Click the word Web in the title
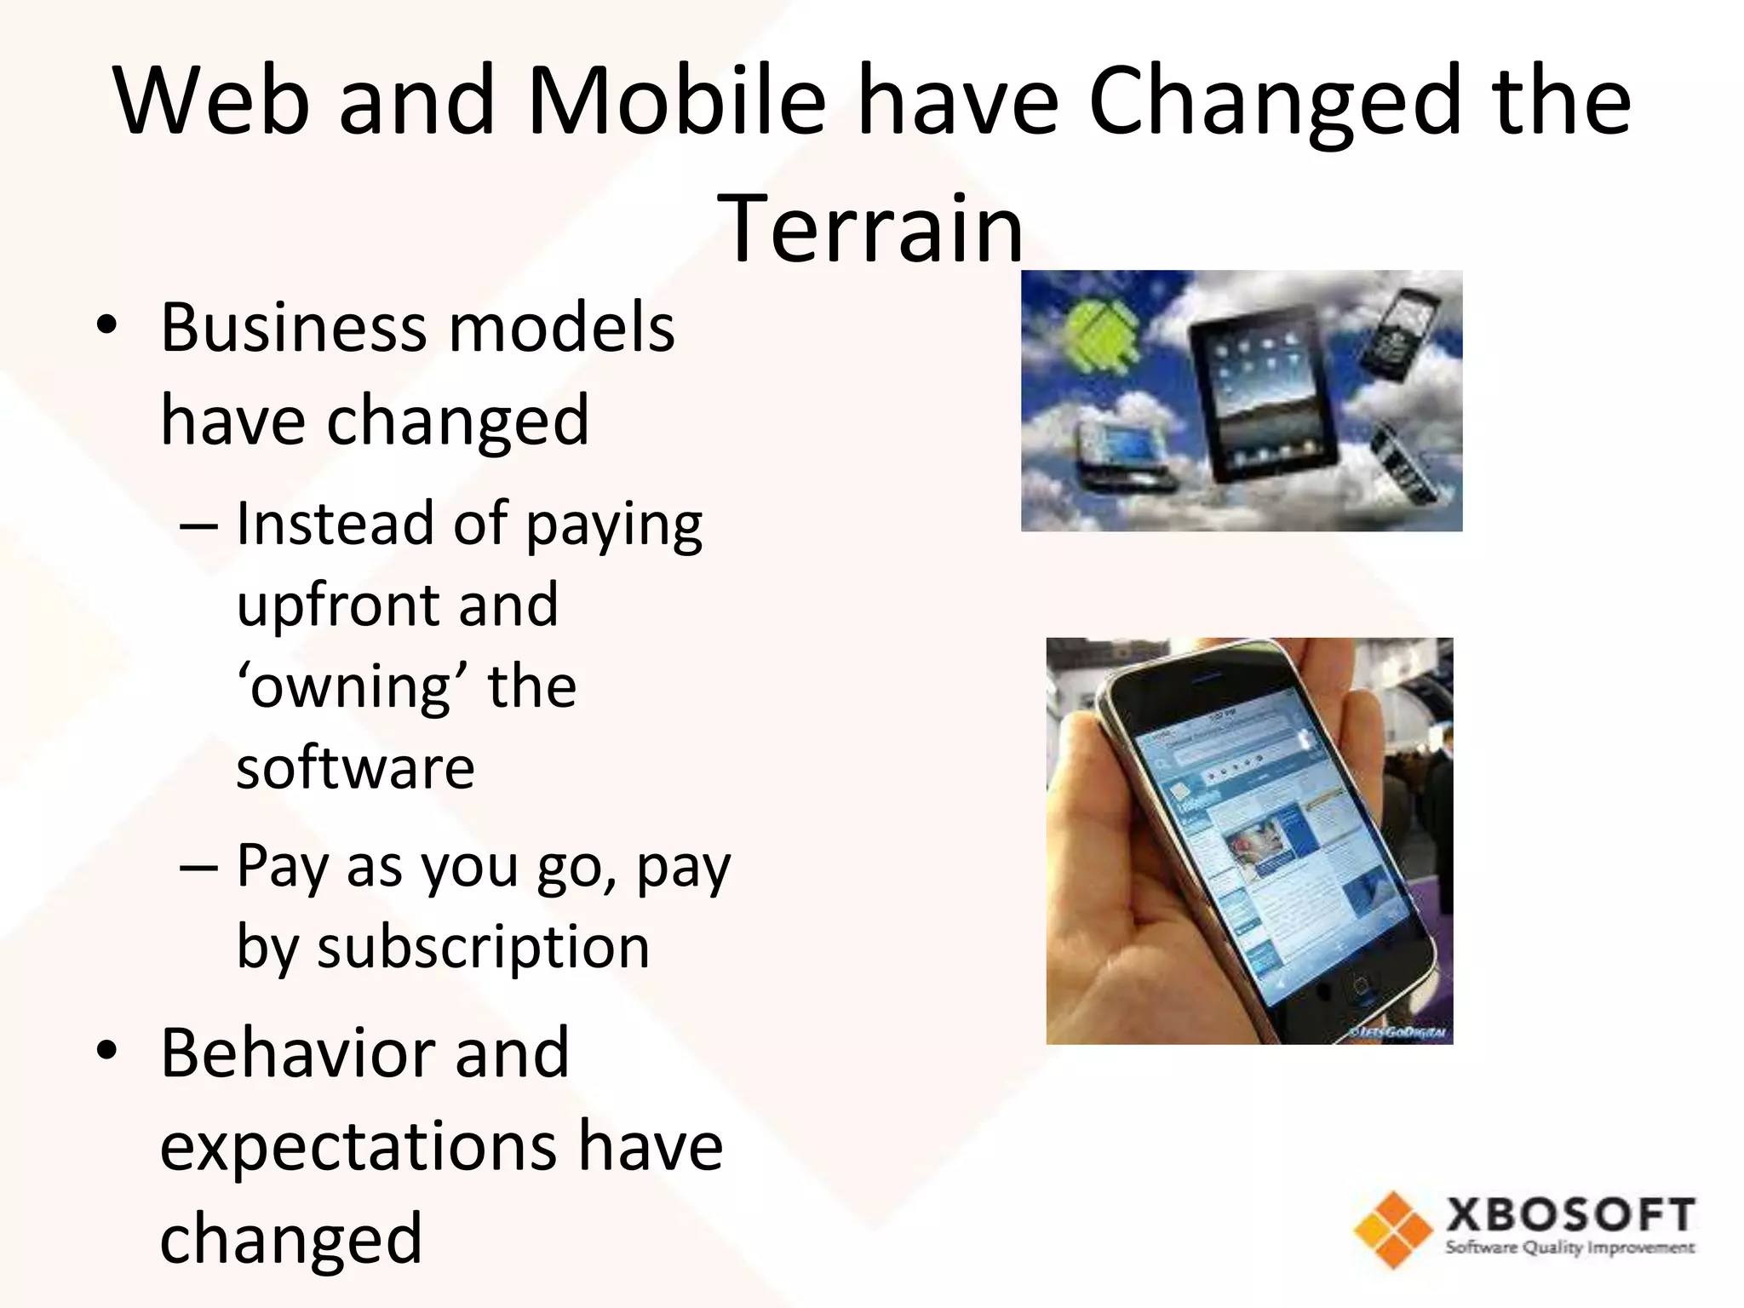(212, 100)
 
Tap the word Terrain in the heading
(871, 228)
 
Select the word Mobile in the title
(676, 100)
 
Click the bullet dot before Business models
(106, 328)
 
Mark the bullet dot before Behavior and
(106, 1053)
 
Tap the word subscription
(483, 946)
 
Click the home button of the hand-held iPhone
(1360, 988)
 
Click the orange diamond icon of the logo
(1393, 1230)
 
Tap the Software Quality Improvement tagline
(1569, 1248)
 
